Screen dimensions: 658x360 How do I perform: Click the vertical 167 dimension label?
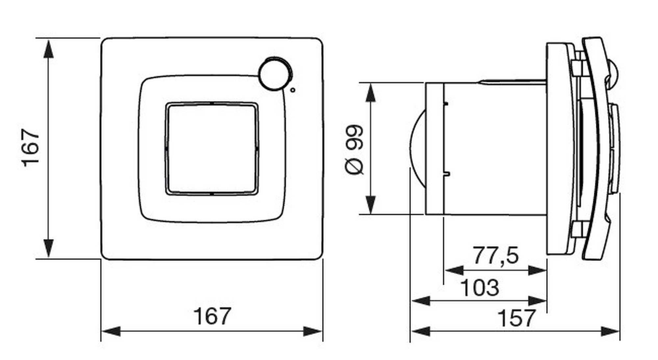tap(31, 148)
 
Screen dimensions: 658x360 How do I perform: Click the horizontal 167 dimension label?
tap(212, 316)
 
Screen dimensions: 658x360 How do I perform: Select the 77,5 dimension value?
tap(496, 255)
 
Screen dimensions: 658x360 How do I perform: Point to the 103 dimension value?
tap(480, 288)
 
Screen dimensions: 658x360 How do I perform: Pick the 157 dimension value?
tap(517, 318)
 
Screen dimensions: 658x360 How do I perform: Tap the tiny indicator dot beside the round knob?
tap(293, 90)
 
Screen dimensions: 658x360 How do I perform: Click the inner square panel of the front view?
tap(212, 148)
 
